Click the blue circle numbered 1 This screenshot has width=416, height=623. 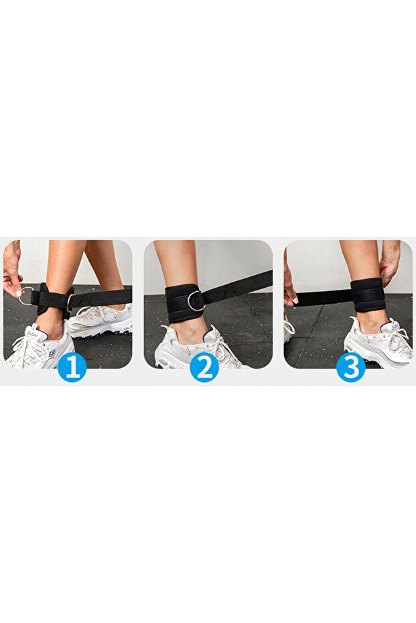72,367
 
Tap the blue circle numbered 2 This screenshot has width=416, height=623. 204,367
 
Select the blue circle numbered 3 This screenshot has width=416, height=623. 350,367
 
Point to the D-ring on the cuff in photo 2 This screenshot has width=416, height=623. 195,300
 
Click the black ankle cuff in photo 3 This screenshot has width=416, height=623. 368,294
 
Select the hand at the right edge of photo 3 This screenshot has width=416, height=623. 389,261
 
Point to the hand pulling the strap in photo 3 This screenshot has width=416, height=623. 290,288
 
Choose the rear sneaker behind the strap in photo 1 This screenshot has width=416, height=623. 100,319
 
